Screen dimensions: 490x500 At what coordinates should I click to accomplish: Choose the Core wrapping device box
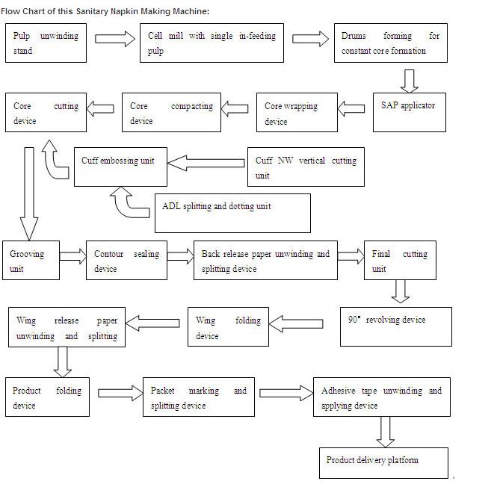[x=298, y=113]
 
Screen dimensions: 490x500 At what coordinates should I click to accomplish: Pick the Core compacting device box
[x=170, y=113]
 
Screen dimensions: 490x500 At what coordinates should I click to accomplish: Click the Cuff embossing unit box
[x=120, y=167]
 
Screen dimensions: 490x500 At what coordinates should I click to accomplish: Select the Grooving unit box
[x=31, y=261]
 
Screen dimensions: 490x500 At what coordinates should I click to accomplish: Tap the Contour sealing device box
[x=126, y=261]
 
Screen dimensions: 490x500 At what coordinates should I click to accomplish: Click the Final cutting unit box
[x=399, y=261]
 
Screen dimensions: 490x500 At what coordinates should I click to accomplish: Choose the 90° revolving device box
[x=396, y=326]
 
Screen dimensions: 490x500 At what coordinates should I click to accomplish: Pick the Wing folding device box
[x=228, y=327]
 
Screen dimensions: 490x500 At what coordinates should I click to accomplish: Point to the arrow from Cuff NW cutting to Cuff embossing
[x=206, y=161]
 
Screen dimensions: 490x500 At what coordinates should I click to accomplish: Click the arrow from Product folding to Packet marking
[x=120, y=392]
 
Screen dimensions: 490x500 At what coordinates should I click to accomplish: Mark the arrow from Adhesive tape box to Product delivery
[x=386, y=431]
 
